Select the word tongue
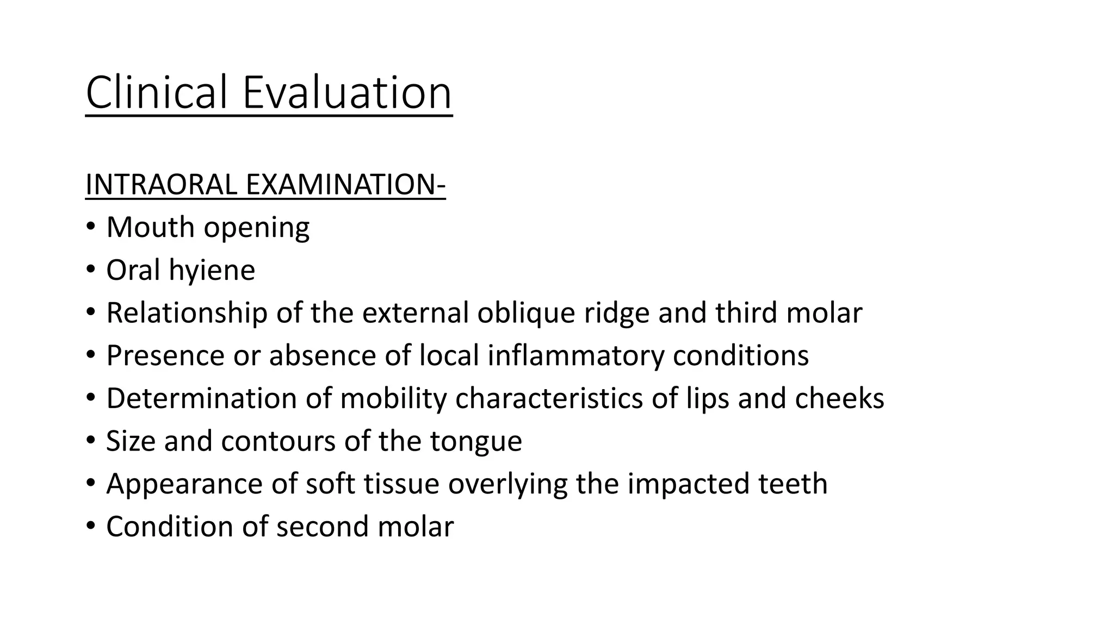tap(476, 441)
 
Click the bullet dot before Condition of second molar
tap(90, 525)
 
